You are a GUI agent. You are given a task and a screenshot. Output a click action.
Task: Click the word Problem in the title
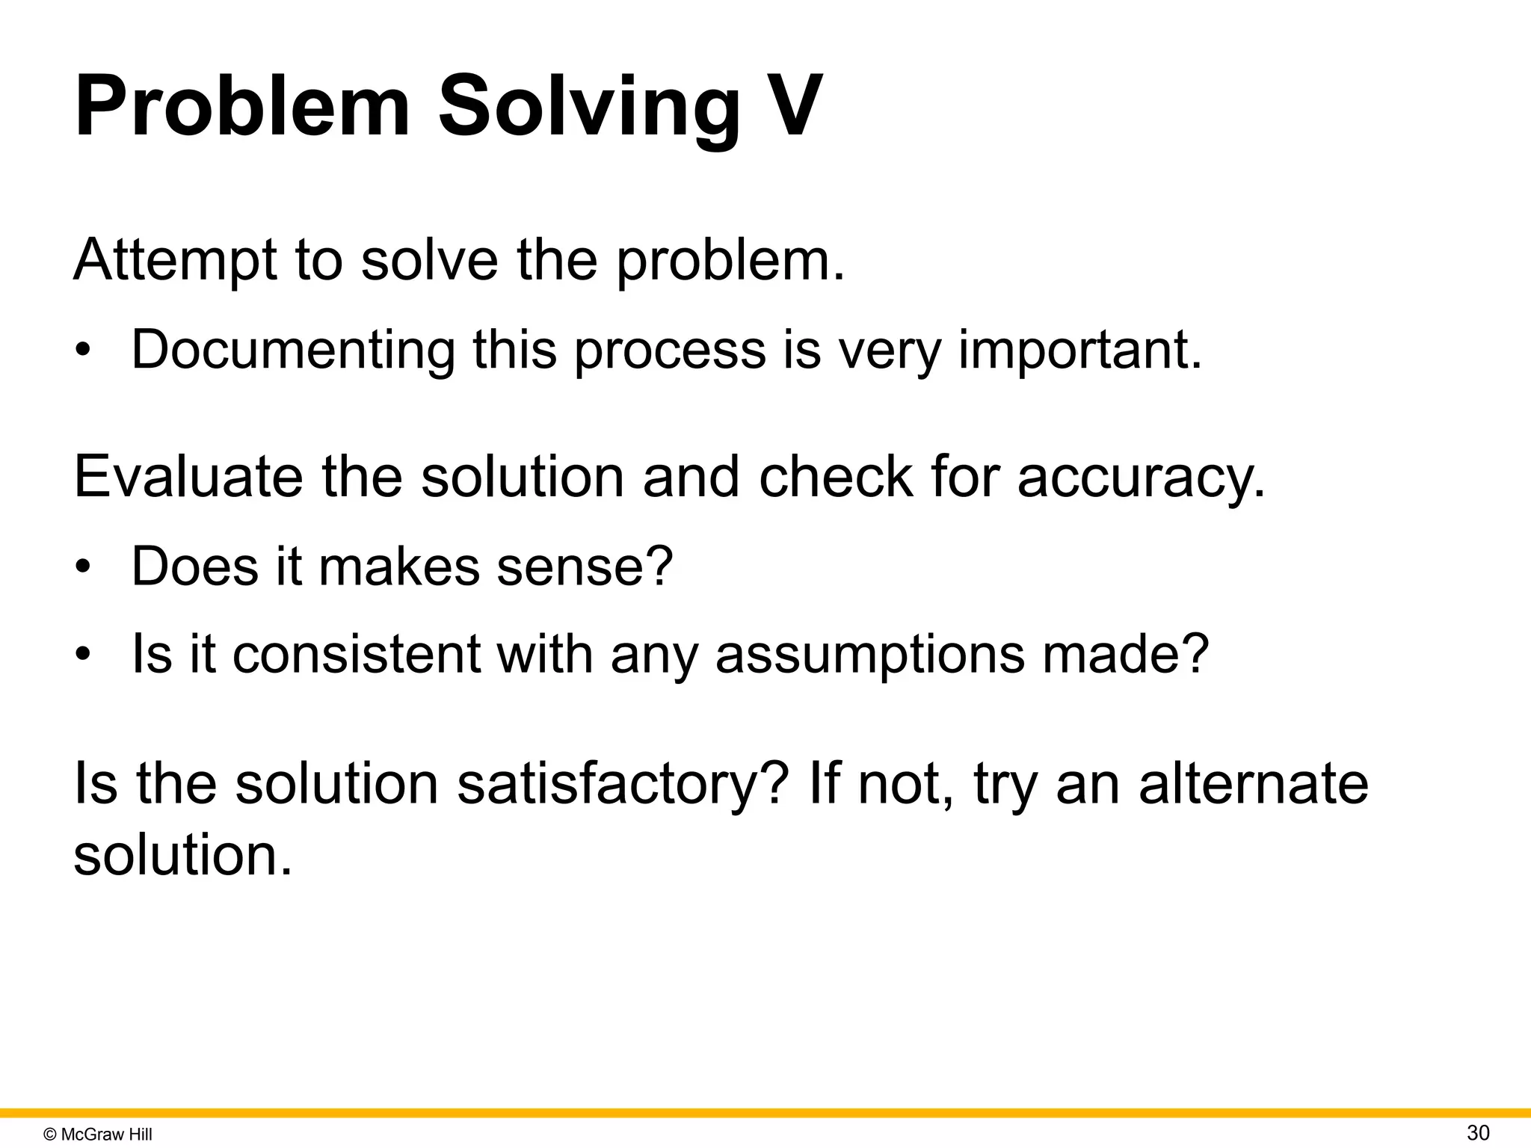(x=242, y=106)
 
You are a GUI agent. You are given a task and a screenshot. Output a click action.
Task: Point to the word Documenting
(x=293, y=350)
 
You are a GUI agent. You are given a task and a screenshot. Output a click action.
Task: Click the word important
(x=1079, y=350)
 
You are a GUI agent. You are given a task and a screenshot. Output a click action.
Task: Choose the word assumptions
(x=869, y=653)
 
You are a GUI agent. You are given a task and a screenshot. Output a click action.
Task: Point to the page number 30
(x=1478, y=1133)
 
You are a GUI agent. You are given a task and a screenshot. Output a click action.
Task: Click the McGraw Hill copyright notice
(x=98, y=1135)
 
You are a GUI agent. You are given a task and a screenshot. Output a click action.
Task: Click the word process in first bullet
(x=670, y=350)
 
